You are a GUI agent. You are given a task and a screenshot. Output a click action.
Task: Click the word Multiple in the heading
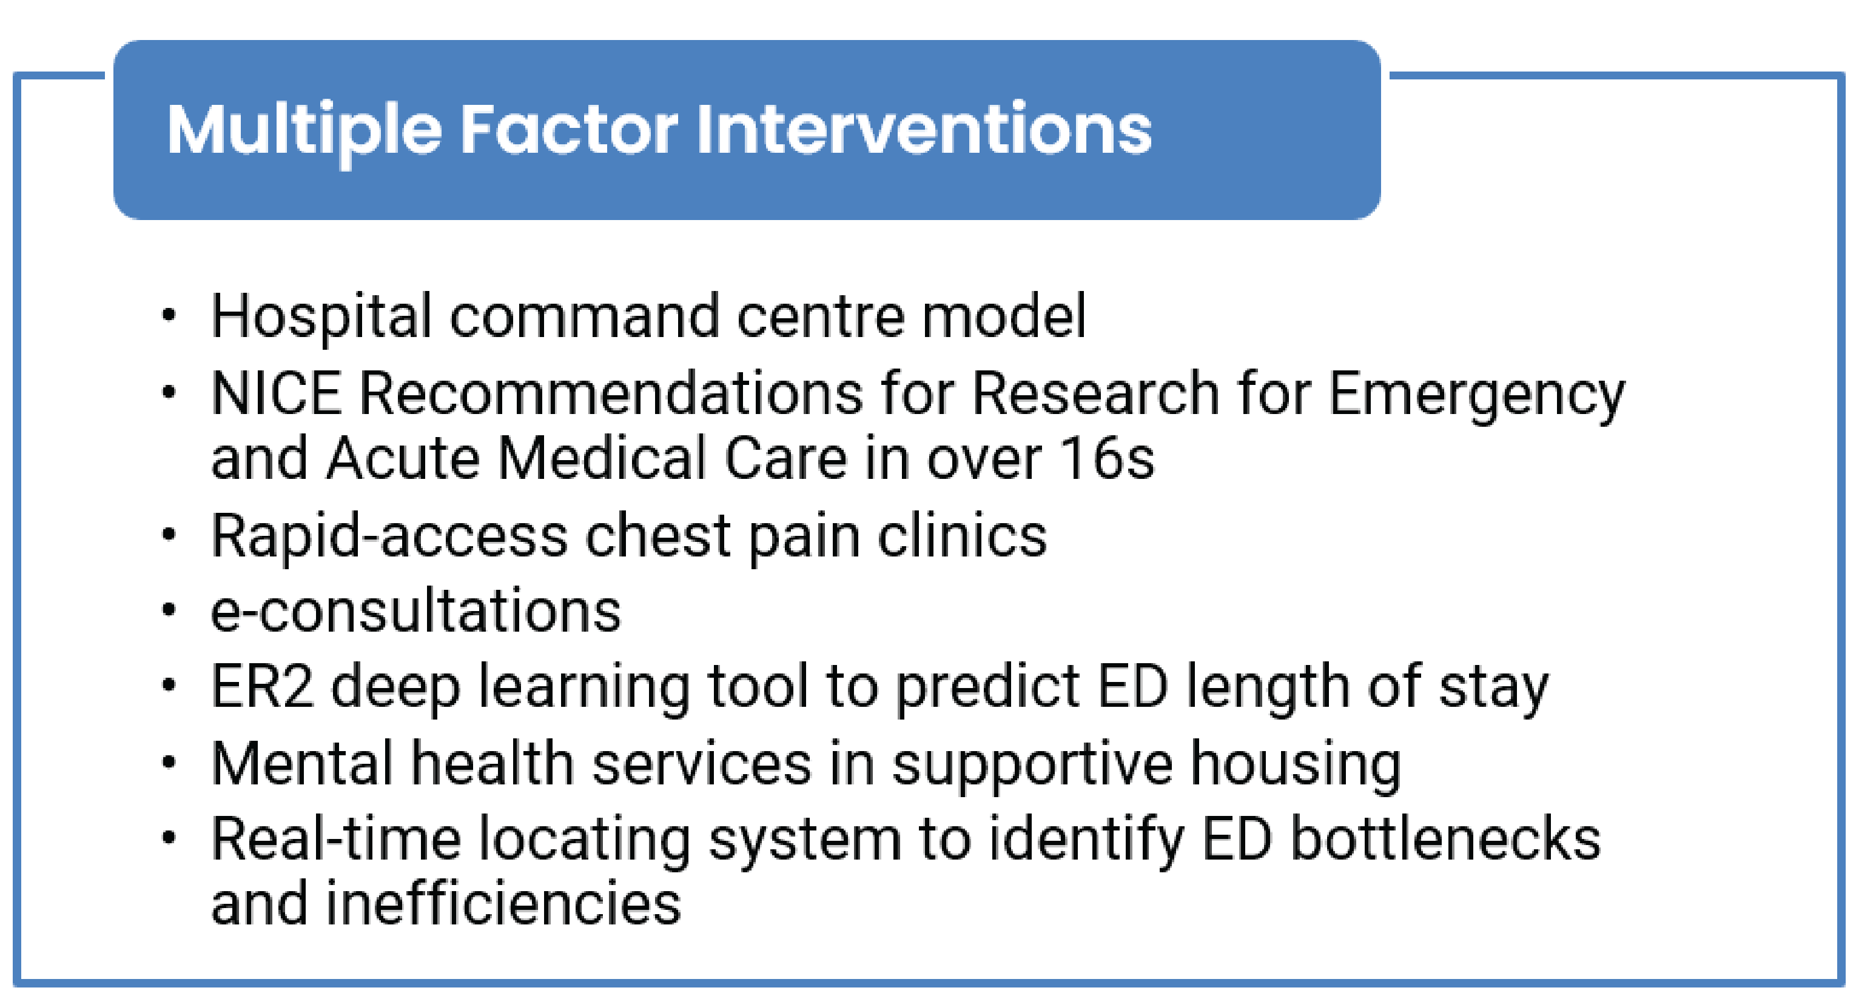[303, 130]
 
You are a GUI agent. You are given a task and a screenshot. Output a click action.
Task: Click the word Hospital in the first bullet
[321, 317]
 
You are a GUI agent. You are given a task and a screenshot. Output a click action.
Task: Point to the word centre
[821, 317]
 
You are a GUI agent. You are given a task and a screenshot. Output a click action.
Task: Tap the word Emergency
[1477, 394]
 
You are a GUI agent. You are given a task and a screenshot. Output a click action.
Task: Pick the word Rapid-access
[389, 536]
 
